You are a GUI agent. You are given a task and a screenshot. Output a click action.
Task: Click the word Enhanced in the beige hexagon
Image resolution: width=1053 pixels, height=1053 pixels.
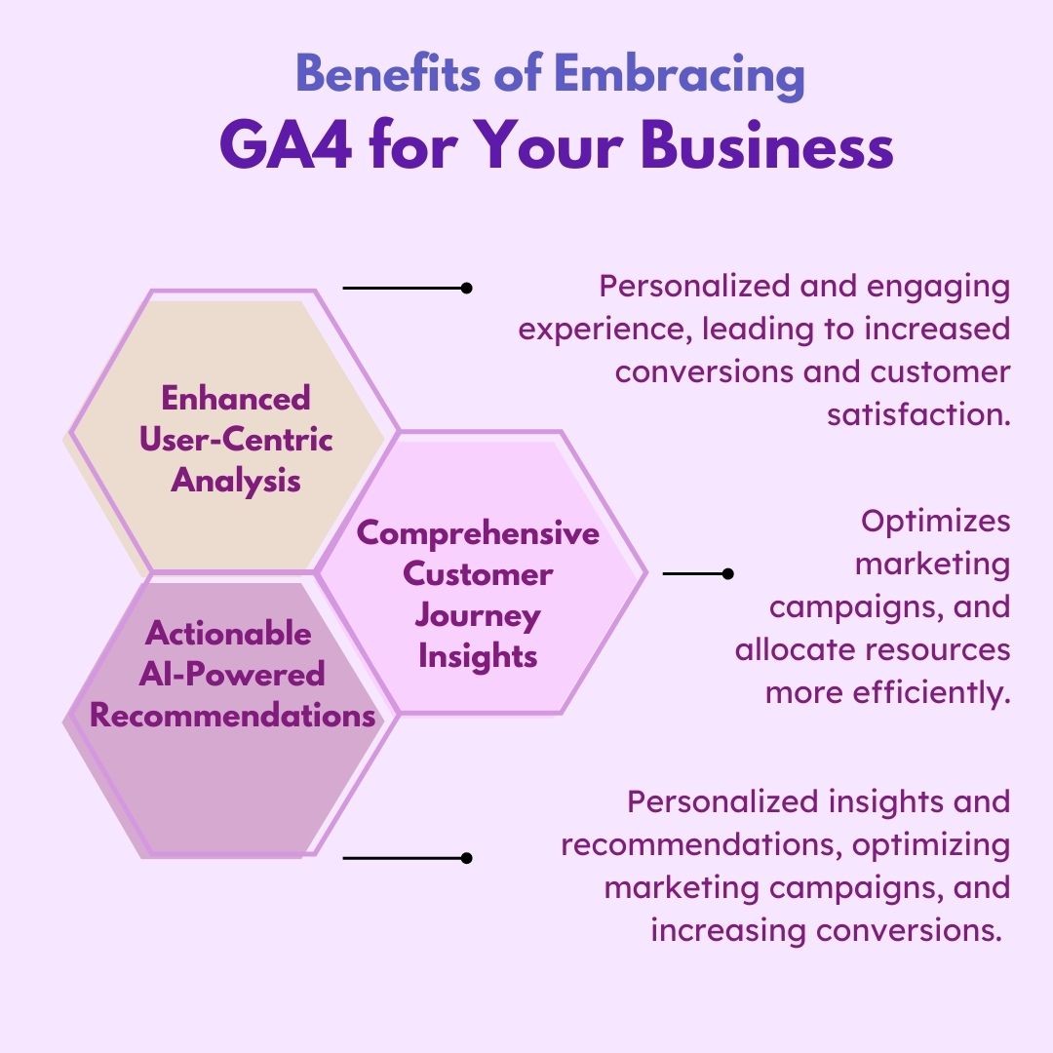236,398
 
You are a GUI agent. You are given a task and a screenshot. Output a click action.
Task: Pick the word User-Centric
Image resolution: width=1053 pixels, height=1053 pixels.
236,439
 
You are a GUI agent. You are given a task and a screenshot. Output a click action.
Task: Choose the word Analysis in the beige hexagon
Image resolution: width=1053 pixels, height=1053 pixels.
236,480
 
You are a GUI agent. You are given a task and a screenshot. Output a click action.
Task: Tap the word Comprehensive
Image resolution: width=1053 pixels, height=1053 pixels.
478,533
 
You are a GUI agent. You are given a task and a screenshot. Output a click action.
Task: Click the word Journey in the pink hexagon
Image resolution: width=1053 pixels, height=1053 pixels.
478,615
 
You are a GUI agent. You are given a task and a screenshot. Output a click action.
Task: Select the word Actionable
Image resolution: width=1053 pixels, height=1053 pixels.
228,634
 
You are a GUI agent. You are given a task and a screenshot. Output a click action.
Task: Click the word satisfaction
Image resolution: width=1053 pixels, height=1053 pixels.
918,414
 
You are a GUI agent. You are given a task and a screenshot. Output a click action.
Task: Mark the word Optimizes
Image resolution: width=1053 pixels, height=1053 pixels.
935,522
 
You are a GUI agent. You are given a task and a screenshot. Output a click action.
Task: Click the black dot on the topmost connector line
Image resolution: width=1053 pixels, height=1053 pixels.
466,289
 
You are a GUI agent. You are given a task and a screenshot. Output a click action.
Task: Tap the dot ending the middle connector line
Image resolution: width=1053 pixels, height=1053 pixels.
727,574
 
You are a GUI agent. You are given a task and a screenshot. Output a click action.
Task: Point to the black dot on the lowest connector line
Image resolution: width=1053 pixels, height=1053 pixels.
466,858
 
